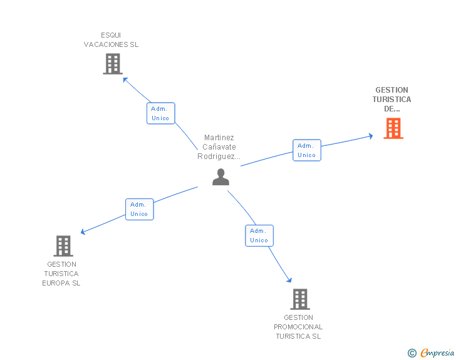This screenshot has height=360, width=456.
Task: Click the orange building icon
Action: pyautogui.click(x=393, y=128)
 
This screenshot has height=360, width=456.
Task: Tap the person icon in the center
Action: pyautogui.click(x=220, y=177)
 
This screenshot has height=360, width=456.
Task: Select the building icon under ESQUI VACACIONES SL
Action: pyautogui.click(x=113, y=64)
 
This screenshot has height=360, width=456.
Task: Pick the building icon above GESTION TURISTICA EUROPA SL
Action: pyautogui.click(x=63, y=246)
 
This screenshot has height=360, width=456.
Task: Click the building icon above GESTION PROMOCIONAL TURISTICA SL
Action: pyautogui.click(x=300, y=299)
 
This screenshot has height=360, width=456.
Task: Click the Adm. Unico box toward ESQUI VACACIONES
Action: pyautogui.click(x=161, y=113)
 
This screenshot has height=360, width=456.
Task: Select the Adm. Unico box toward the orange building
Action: pyautogui.click(x=307, y=150)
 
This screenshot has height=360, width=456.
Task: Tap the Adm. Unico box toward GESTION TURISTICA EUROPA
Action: pyautogui.click(x=140, y=209)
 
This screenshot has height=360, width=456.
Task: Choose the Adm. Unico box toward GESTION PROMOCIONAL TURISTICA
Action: pyautogui.click(x=259, y=235)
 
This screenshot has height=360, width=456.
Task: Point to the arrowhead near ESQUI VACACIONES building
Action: pyautogui.click(x=125, y=80)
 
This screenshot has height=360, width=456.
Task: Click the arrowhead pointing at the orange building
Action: pyautogui.click(x=371, y=136)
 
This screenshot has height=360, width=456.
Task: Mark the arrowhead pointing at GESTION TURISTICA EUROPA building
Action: pyautogui.click(x=83, y=232)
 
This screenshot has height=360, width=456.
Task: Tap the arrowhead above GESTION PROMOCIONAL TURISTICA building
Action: pyautogui.click(x=289, y=280)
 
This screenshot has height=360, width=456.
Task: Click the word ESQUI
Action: pyautogui.click(x=111, y=35)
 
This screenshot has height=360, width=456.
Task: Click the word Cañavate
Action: pyautogui.click(x=219, y=147)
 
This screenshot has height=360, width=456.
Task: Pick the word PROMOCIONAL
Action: pyautogui.click(x=298, y=327)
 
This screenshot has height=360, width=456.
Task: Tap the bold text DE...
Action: pyautogui.click(x=391, y=109)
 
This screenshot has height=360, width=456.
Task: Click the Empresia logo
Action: pyautogui.click(x=431, y=352)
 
